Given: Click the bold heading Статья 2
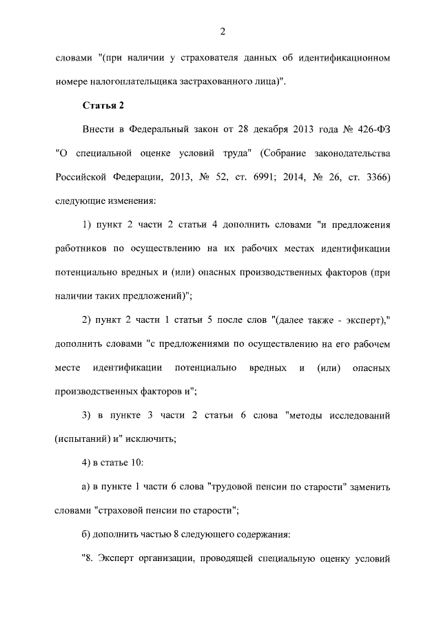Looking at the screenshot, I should pos(103,105).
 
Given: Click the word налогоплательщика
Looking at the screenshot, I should pos(131,81).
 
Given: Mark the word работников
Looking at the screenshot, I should pos(80,248).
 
